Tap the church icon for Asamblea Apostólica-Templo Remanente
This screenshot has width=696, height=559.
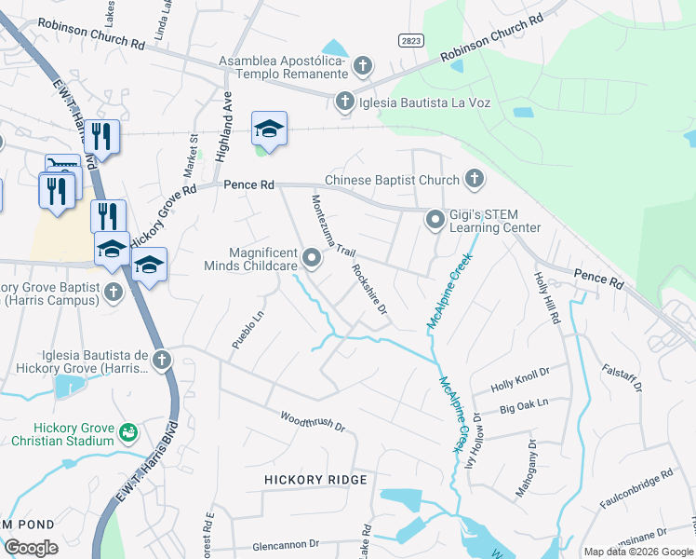pos(362,66)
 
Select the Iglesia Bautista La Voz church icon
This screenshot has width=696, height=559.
pos(345,101)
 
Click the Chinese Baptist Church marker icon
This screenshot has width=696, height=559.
pos(475,178)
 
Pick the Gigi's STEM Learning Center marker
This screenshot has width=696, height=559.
pos(435,220)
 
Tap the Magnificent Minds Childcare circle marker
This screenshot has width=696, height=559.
pos(314,258)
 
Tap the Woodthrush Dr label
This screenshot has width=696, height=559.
pos(313,421)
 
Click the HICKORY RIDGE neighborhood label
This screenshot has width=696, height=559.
pos(316,479)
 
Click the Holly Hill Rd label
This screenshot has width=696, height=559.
pos(546,297)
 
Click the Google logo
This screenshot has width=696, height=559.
pos(31,548)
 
